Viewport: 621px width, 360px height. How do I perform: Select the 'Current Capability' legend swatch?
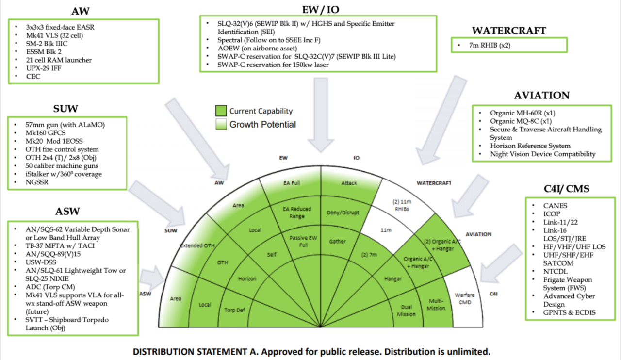(x=221, y=111)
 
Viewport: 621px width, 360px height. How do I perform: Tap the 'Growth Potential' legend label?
(x=262, y=124)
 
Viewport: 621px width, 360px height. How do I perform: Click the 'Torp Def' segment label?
(x=234, y=310)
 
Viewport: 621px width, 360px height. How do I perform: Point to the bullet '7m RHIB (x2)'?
(x=485, y=45)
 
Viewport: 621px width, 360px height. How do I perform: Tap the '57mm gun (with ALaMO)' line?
(x=65, y=124)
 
